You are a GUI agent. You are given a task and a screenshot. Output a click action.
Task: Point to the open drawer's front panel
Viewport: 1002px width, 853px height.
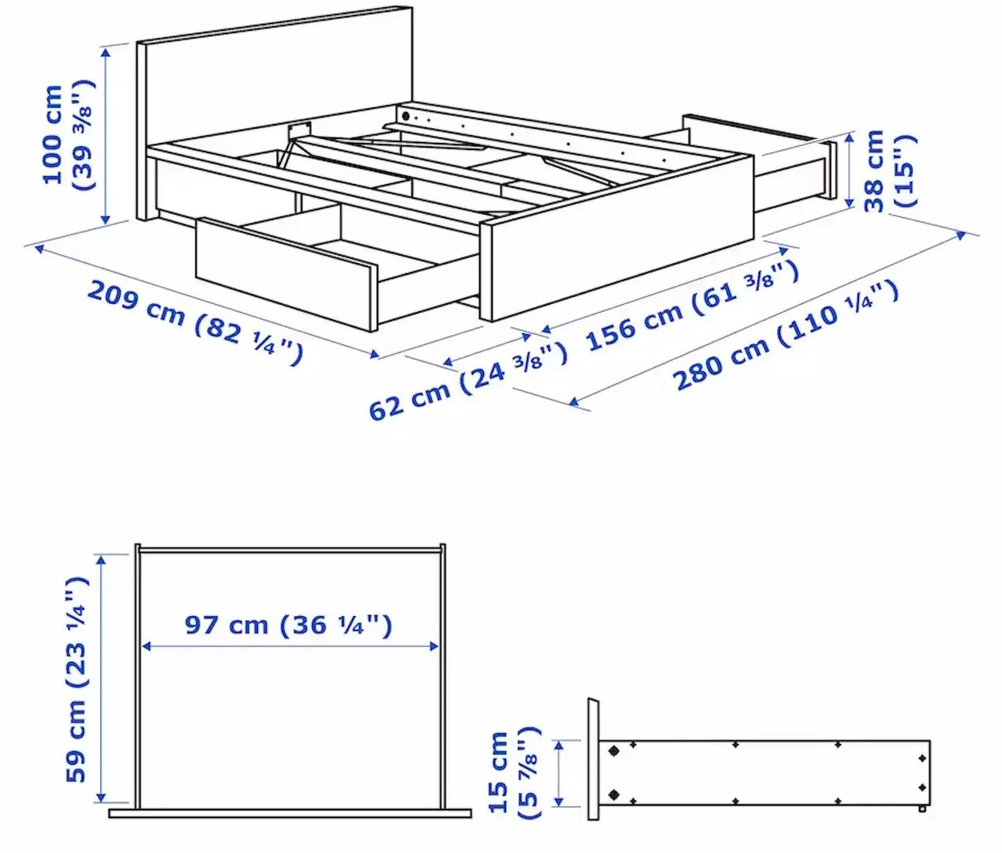pos(284,272)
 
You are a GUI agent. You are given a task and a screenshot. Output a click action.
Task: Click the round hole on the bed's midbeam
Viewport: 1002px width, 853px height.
pos(407,116)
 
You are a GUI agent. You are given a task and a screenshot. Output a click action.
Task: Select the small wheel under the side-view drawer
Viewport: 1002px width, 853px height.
pos(922,809)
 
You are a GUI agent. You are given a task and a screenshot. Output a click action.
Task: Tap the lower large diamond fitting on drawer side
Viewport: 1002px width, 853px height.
pos(613,794)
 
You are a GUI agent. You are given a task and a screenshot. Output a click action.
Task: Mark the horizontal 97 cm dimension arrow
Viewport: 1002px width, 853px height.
pos(289,646)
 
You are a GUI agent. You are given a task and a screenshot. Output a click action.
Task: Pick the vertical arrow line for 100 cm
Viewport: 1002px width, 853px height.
pos(105,133)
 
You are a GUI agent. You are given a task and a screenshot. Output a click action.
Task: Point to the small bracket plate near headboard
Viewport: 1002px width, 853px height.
pos(298,128)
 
